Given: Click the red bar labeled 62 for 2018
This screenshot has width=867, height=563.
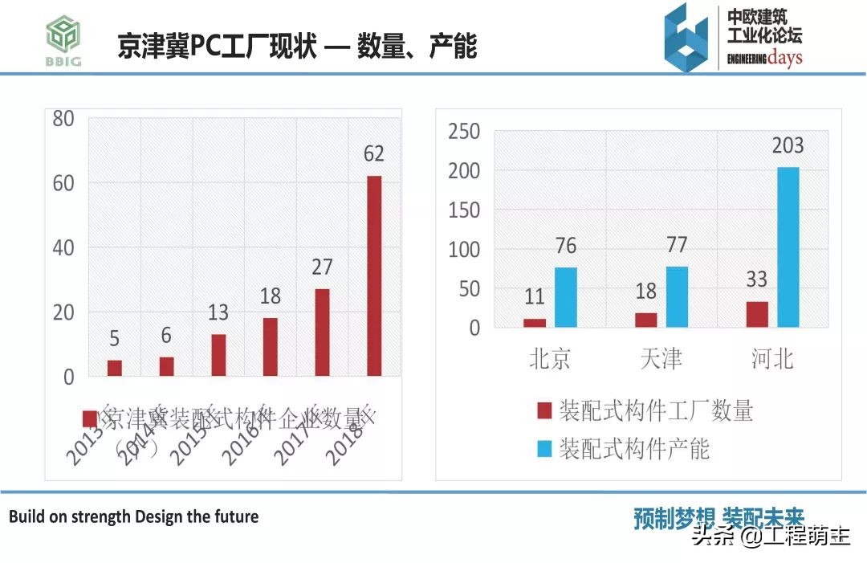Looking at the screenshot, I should pos(374,275).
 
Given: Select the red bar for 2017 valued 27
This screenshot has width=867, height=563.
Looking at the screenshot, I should pos(322,332).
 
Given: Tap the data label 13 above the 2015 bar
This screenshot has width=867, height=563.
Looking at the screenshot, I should pos(218,312).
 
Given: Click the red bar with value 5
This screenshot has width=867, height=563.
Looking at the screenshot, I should pos(115,368).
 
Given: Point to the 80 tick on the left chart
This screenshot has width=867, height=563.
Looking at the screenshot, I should pos(63,119).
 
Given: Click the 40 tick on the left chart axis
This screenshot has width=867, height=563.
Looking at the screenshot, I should pos(63,247).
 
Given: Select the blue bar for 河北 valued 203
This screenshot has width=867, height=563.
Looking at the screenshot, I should pos(788,247).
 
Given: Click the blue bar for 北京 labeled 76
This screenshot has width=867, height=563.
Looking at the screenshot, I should pos(566,297).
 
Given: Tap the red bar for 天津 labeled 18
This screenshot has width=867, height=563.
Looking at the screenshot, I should pos(646,320).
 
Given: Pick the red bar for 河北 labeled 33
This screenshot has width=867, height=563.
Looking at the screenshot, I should pos(757,314).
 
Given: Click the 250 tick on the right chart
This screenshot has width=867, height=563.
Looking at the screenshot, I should pos(464,131).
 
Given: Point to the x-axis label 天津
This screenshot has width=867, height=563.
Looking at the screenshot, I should pos(661,358).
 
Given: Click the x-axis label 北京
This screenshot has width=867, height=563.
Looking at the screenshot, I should pos(550,358).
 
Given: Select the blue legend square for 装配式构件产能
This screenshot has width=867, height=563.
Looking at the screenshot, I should pos(545,448).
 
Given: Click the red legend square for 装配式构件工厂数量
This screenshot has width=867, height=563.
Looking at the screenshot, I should pos(545,411).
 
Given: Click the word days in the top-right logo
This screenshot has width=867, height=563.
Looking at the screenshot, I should pos(784,58).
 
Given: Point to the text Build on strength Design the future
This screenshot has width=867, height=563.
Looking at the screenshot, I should pos(134,516).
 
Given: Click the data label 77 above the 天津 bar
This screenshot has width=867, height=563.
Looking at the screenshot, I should pos(677,245).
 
